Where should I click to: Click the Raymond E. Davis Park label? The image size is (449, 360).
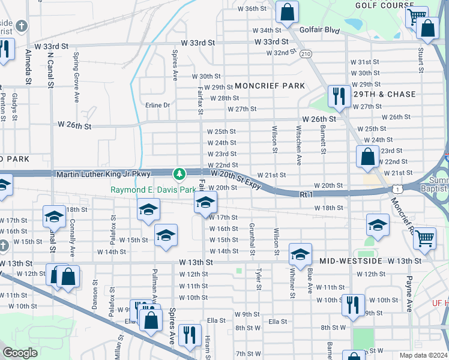(153, 190)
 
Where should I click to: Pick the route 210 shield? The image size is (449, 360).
(306, 54)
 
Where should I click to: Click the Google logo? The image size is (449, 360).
(20, 353)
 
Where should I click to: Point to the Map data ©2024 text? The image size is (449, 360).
(423, 355)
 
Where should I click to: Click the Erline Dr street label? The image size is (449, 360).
(158, 105)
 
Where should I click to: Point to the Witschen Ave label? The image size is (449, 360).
(298, 145)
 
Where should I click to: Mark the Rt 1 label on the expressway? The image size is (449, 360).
(307, 194)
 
